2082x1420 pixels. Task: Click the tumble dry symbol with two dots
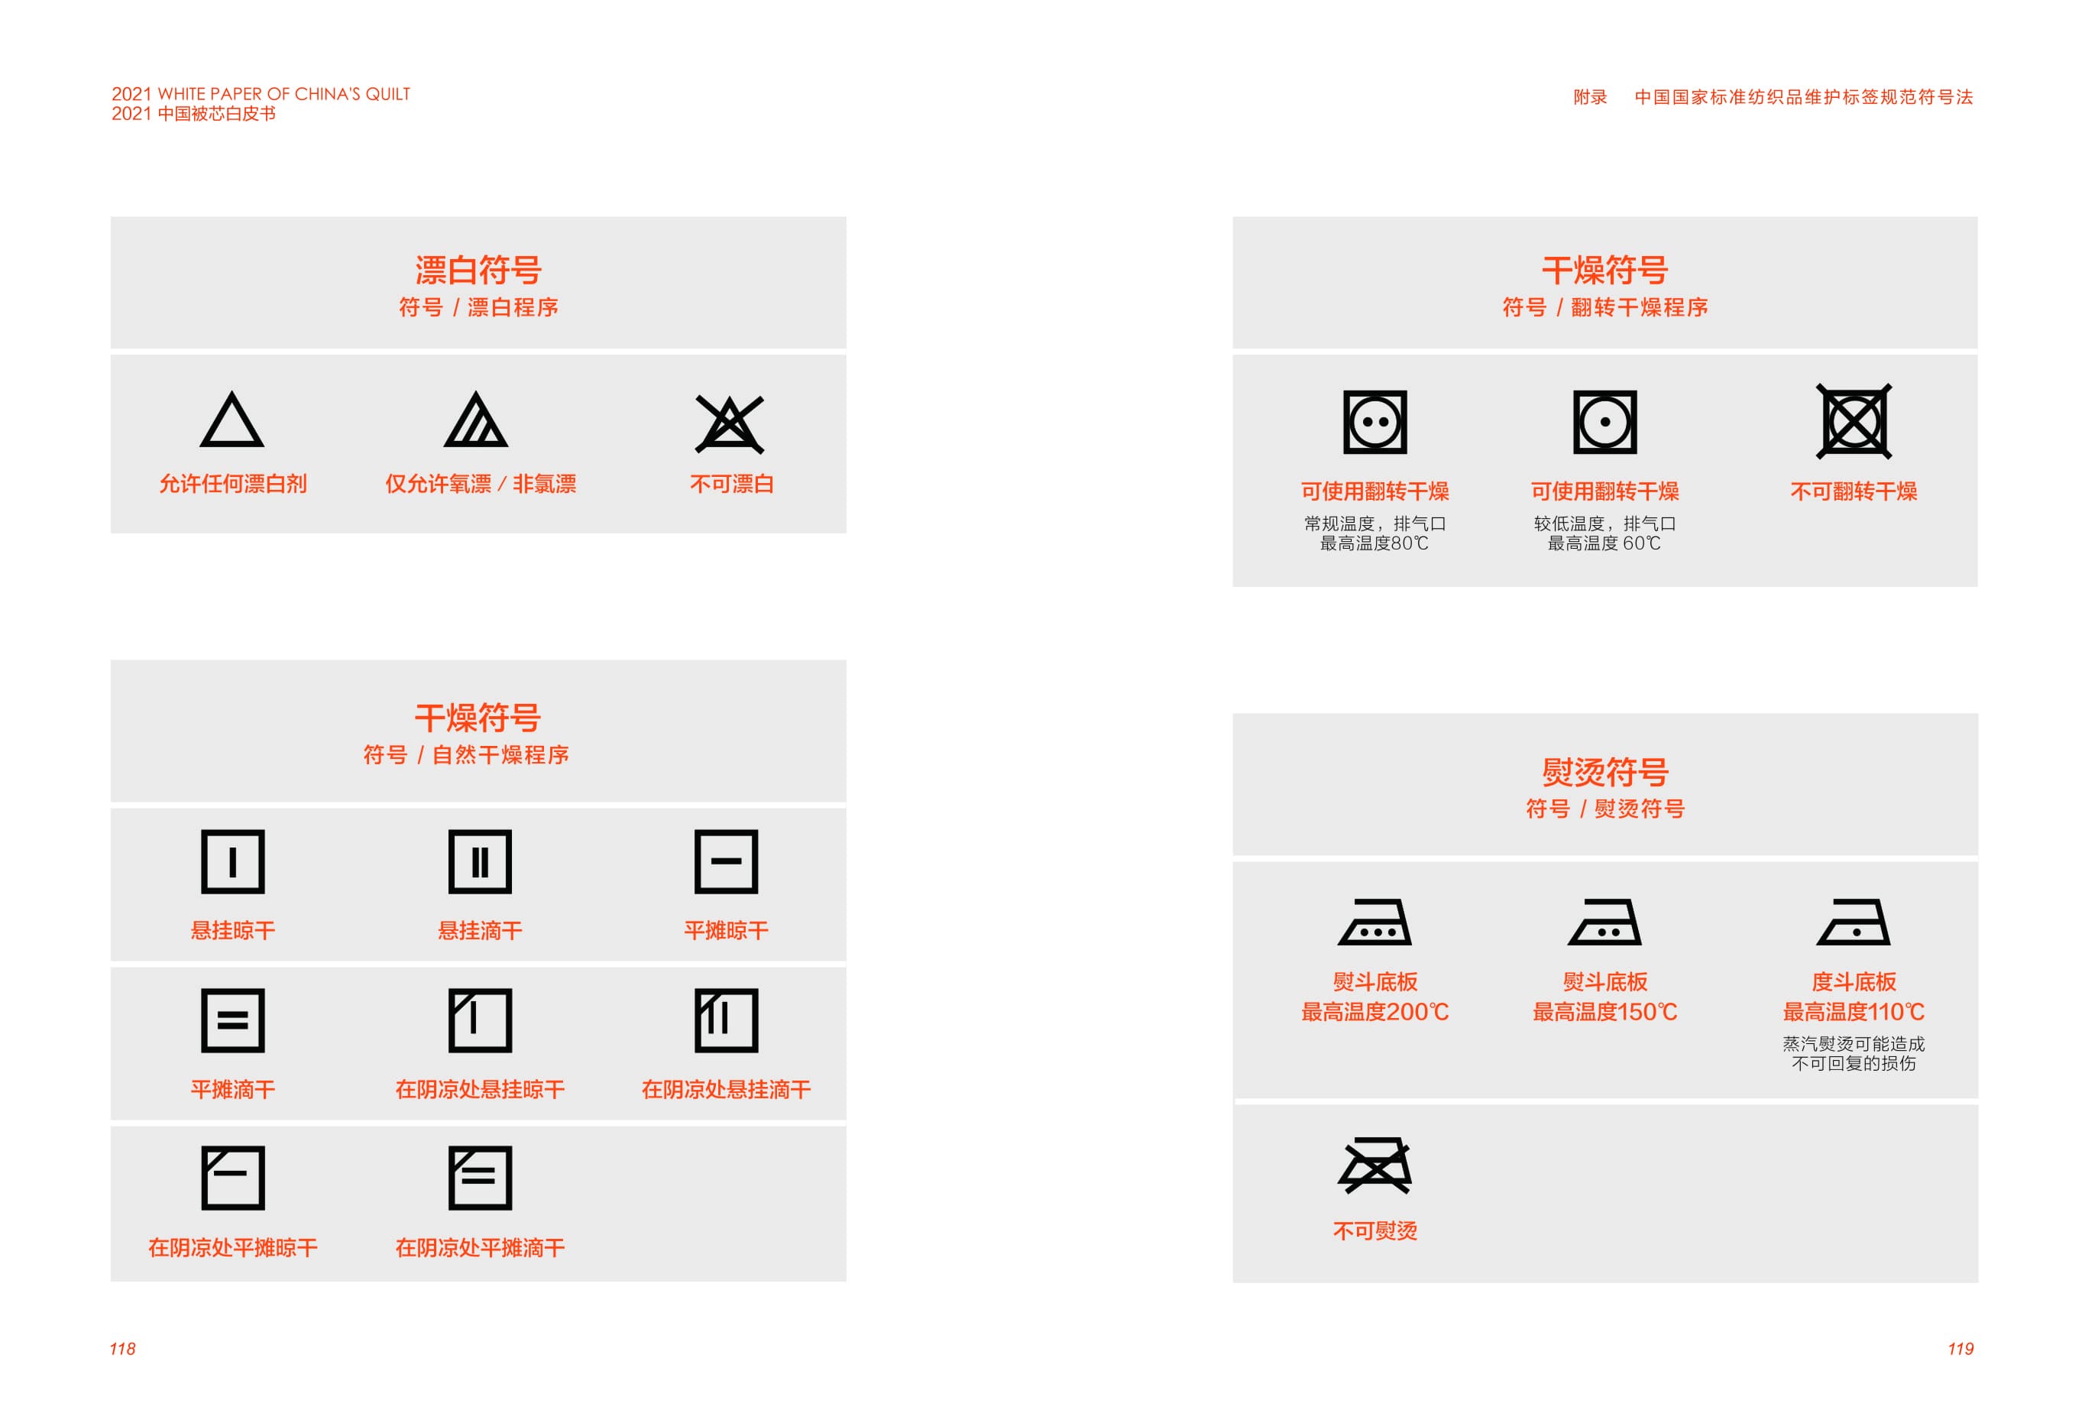(1375, 422)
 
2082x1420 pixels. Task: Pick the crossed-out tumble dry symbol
(1854, 421)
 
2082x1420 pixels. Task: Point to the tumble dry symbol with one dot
(1604, 422)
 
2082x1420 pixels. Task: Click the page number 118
(123, 1349)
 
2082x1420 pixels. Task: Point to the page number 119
(1961, 1349)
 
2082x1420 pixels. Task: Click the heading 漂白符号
(478, 270)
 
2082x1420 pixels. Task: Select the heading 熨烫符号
(1604, 771)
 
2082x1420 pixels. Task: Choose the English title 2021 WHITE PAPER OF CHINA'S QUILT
(261, 94)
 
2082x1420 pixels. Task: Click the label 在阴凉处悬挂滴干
(727, 1089)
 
